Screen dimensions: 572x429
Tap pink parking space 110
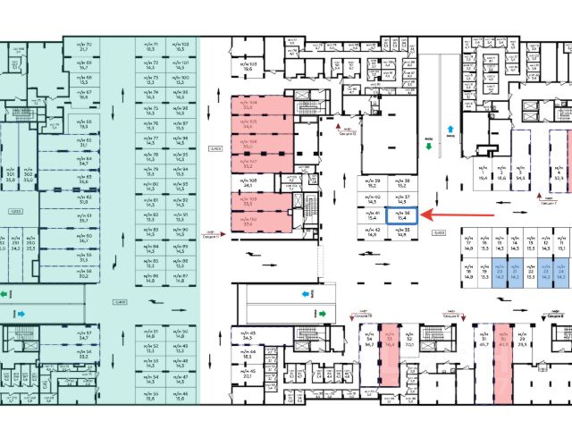[x=249, y=223]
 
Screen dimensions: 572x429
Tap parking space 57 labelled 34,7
[x=84, y=336]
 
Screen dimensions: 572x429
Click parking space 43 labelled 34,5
[x=248, y=336]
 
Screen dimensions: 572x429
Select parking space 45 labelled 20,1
[x=248, y=374]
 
